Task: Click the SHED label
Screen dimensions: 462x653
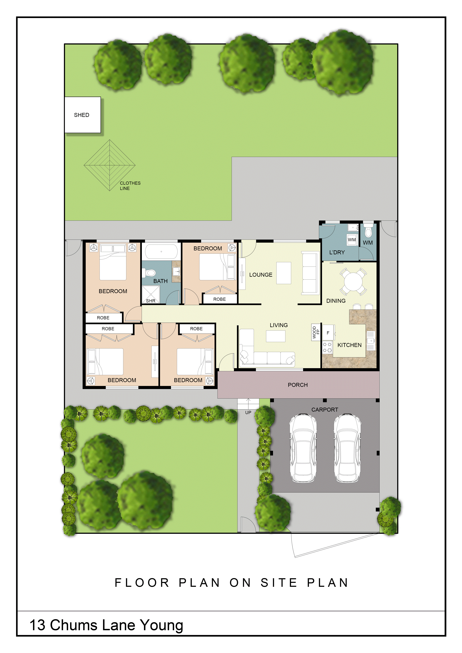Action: (x=82, y=115)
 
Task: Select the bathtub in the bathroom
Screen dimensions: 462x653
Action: (x=161, y=252)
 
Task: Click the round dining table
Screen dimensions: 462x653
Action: (x=353, y=282)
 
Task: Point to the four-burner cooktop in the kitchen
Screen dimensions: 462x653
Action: (x=327, y=347)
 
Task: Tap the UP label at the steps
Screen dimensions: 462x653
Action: (x=248, y=412)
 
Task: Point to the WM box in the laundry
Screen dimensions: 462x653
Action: (x=352, y=240)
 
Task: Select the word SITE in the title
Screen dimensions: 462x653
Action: (x=279, y=583)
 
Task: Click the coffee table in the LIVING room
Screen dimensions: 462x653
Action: (x=276, y=336)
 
